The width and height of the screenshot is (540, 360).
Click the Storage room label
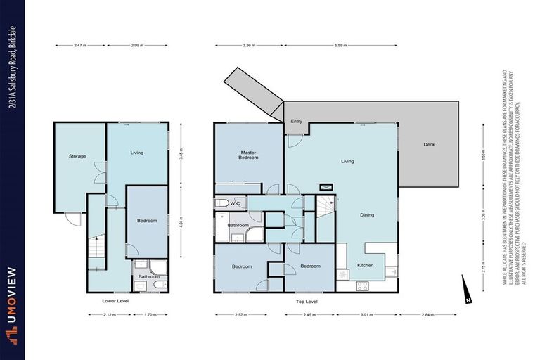click(x=77, y=156)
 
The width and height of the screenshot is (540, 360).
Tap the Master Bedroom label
click(x=248, y=155)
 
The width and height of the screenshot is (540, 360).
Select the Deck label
click(x=429, y=145)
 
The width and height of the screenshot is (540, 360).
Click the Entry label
click(x=296, y=122)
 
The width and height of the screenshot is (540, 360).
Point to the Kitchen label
click(x=365, y=265)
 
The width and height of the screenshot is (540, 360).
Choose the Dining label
click(x=366, y=215)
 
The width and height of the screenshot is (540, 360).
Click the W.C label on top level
click(x=236, y=204)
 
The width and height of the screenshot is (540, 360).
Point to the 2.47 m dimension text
click(x=79, y=45)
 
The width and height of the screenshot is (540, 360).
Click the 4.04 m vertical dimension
click(x=183, y=229)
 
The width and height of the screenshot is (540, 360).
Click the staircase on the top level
click(x=325, y=207)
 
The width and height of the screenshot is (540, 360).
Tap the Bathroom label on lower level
click(x=148, y=277)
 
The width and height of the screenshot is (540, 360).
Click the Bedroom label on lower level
click(x=147, y=221)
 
